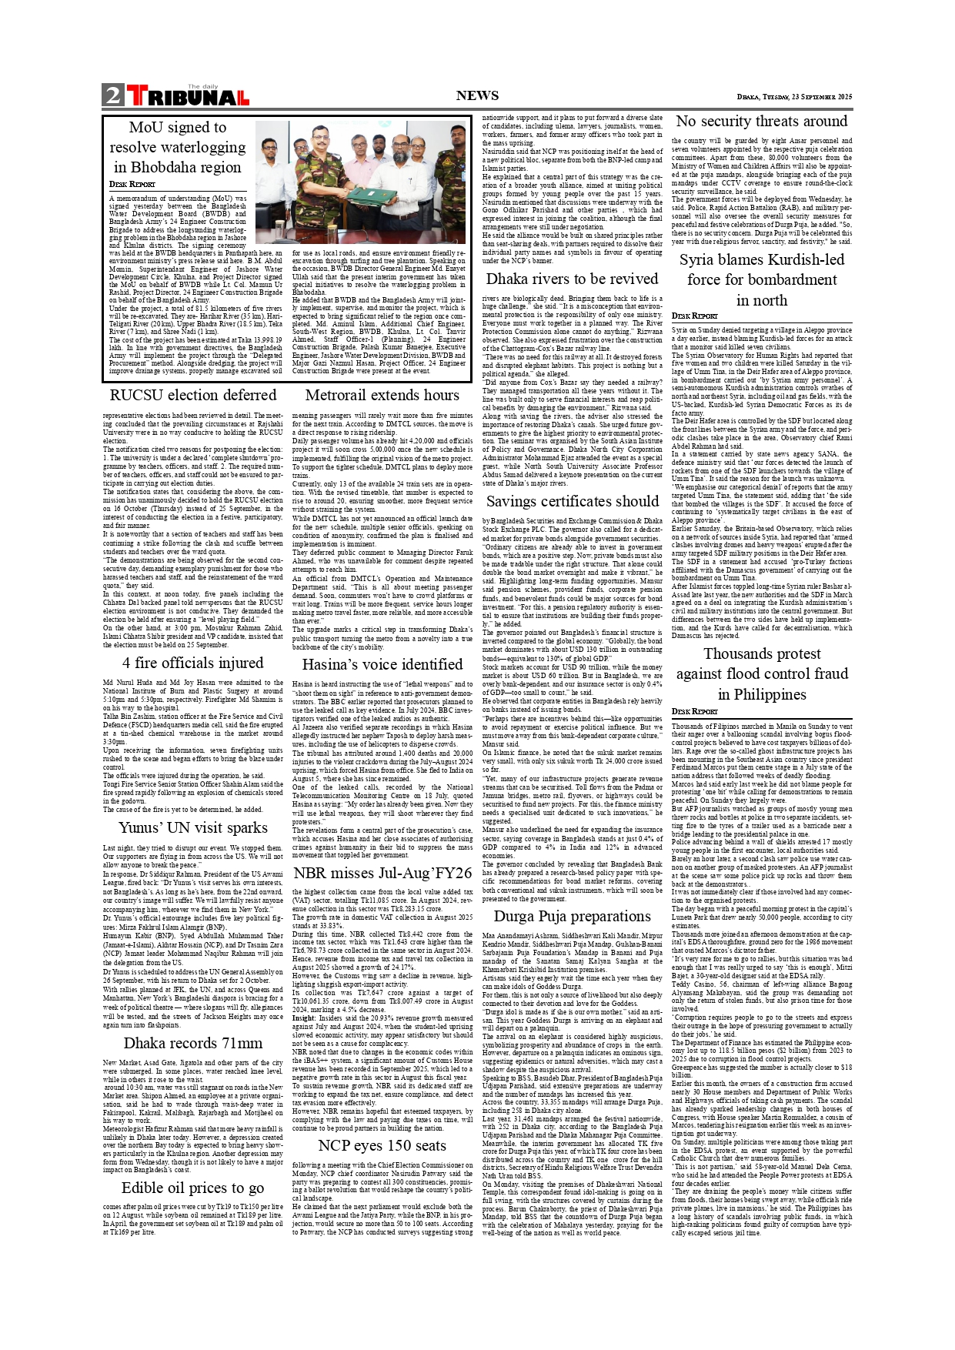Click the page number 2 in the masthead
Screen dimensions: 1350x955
coord(113,95)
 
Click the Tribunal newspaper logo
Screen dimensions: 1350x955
coord(188,96)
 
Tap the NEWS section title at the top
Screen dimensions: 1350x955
coord(477,95)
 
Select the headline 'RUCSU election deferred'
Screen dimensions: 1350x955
coord(192,395)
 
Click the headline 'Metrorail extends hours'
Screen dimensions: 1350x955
coord(382,395)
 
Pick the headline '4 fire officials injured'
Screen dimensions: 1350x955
coord(192,663)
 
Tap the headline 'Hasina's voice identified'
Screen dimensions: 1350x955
coord(382,664)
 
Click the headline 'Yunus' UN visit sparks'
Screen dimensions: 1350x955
coord(192,827)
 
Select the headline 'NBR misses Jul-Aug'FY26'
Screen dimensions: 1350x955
coord(382,873)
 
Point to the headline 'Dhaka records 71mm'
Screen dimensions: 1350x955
coord(192,1043)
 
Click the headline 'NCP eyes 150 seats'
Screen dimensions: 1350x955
coord(382,1145)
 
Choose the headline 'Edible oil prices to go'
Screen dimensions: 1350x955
coord(192,1188)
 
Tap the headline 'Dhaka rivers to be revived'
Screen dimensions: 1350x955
coord(572,279)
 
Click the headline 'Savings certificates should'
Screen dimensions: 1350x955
coord(572,501)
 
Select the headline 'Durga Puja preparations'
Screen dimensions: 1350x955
coord(572,916)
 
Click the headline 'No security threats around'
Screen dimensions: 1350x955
coord(761,121)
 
